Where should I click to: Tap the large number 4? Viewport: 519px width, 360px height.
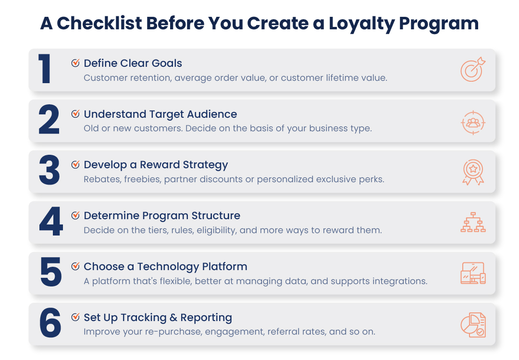coord(50,222)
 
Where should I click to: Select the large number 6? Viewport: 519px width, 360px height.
coord(50,323)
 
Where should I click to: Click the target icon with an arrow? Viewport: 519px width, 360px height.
coord(473,70)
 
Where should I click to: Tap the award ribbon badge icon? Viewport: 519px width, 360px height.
coord(473,172)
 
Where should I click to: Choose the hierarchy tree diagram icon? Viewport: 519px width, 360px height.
coord(473,222)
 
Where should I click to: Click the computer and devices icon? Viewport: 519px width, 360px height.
coord(473,273)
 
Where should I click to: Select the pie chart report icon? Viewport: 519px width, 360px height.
coord(473,324)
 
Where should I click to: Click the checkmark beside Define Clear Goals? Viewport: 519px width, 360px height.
coord(75,63)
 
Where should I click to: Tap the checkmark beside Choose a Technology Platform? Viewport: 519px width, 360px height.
coord(75,266)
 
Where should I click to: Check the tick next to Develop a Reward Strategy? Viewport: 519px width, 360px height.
coord(75,164)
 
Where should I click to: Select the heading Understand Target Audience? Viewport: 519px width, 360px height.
coord(160,114)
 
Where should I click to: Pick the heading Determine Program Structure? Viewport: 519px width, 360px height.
coord(162,216)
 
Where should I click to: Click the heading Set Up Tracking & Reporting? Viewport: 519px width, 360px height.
coord(158,318)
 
